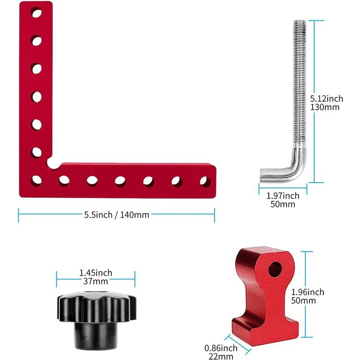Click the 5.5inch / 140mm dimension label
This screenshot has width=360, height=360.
117,215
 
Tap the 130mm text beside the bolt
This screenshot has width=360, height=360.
325,107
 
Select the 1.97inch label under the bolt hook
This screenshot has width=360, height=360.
283,196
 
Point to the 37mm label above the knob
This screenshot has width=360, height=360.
96,281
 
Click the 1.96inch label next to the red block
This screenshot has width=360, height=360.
308,292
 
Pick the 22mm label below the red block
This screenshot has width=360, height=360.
221,356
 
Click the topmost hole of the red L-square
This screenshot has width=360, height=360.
36,12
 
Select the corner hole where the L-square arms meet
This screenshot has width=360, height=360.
36,180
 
